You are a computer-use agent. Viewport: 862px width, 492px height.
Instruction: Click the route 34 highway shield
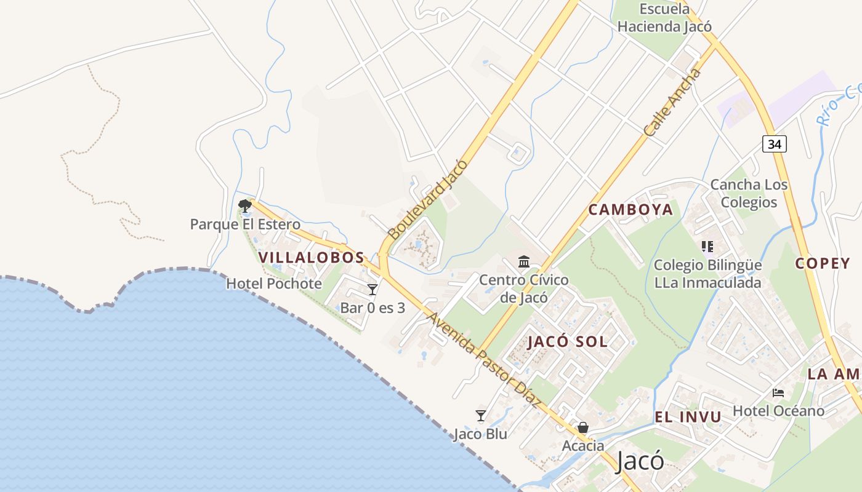pyautogui.click(x=775, y=144)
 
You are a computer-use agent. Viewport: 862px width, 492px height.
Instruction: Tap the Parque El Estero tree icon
pyautogui.click(x=245, y=205)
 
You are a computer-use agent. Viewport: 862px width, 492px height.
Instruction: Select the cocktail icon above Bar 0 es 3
pyautogui.click(x=373, y=289)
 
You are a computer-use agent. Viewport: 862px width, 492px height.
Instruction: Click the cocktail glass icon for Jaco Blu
pyautogui.click(x=481, y=416)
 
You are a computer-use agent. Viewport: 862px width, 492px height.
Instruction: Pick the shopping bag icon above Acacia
pyautogui.click(x=582, y=427)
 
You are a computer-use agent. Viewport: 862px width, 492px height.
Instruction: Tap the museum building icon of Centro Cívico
pyautogui.click(x=524, y=262)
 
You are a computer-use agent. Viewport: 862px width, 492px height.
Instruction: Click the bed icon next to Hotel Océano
pyautogui.click(x=778, y=392)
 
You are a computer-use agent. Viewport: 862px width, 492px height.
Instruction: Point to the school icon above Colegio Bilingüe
pyautogui.click(x=707, y=247)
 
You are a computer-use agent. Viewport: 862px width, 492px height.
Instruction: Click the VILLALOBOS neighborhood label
pyautogui.click(x=312, y=258)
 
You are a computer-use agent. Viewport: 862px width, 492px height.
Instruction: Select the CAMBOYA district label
pyautogui.click(x=630, y=210)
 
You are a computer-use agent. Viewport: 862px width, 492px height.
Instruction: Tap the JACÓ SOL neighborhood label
pyautogui.click(x=567, y=342)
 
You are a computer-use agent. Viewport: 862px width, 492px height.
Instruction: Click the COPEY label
pyautogui.click(x=822, y=263)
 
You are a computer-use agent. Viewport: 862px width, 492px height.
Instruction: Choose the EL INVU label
pyautogui.click(x=688, y=417)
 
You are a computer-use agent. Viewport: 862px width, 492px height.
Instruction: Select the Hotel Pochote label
pyautogui.click(x=274, y=284)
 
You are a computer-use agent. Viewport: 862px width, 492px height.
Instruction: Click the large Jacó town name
pyautogui.click(x=640, y=461)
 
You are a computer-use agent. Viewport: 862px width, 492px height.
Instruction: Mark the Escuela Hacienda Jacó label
pyautogui.click(x=664, y=18)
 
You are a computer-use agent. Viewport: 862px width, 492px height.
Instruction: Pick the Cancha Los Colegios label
pyautogui.click(x=749, y=193)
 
